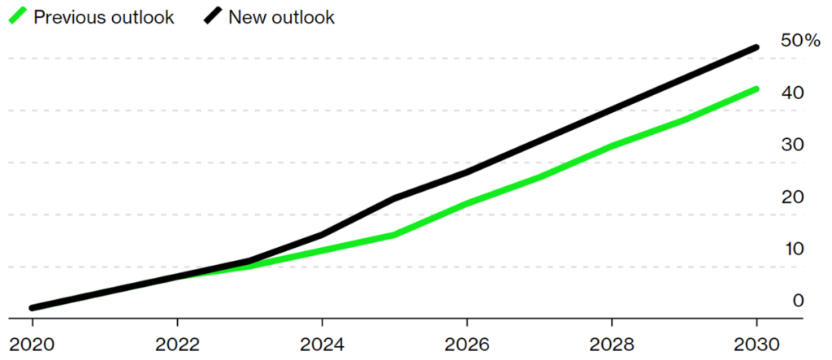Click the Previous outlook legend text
[103, 17]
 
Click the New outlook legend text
[281, 17]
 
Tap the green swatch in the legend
[19, 16]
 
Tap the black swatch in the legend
[214, 16]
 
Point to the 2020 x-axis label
[32, 343]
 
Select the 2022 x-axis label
[177, 343]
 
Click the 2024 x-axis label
[323, 343]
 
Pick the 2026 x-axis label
[467, 343]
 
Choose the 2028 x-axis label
[613, 343]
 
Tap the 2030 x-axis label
[757, 343]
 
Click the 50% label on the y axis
[799, 41]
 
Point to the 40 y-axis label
[792, 93]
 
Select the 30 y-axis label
[792, 145]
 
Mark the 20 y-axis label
[792, 197]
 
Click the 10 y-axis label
[792, 249]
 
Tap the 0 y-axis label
[798, 301]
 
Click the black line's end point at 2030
[757, 47]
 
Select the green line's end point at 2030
[757, 89]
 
